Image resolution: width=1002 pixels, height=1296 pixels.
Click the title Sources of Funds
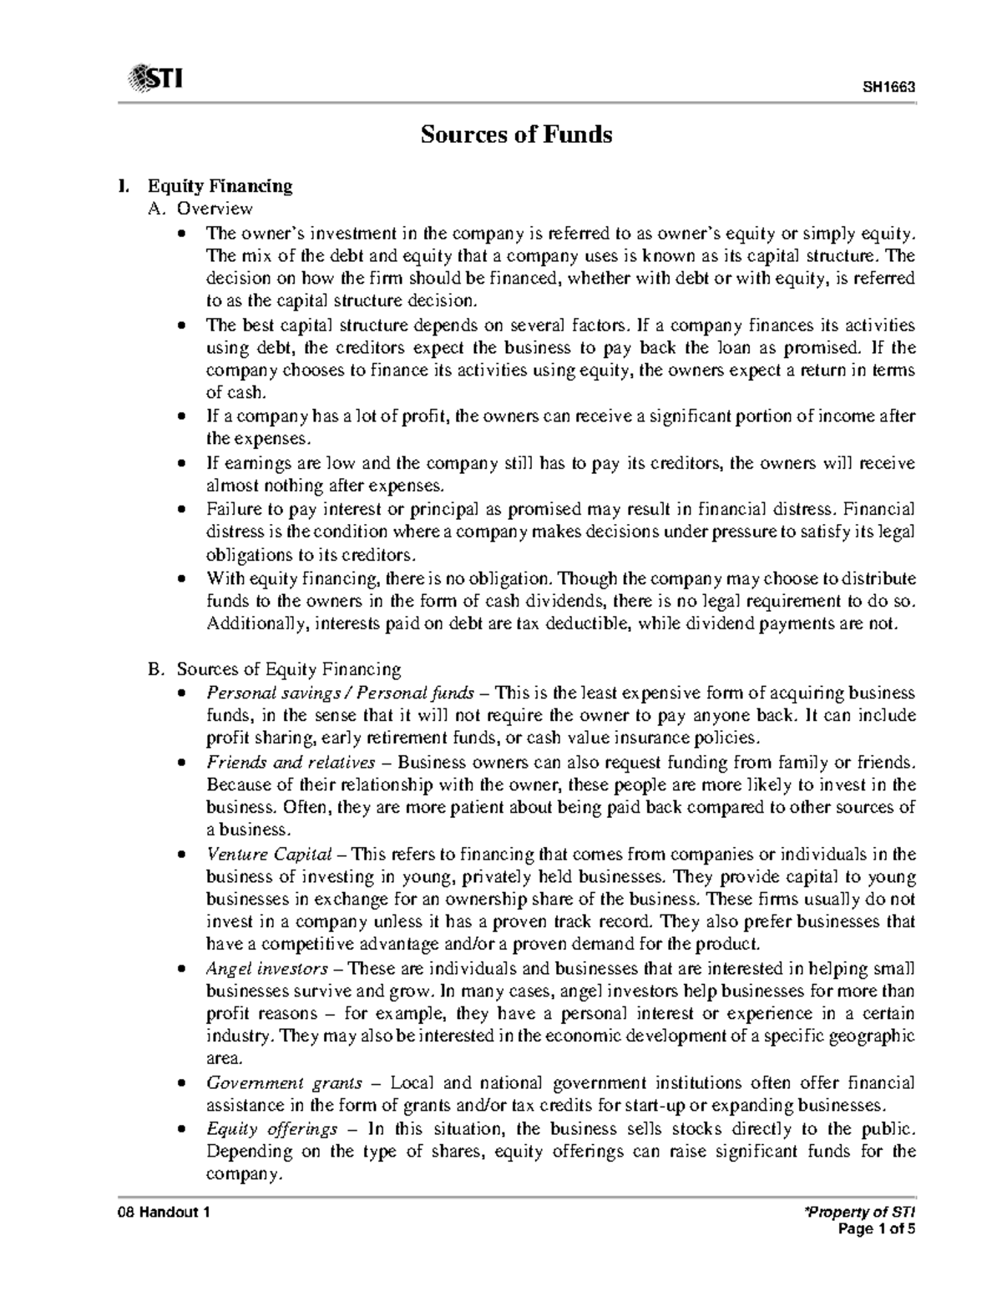[x=516, y=134]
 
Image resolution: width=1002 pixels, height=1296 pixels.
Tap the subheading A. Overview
[x=200, y=208]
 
